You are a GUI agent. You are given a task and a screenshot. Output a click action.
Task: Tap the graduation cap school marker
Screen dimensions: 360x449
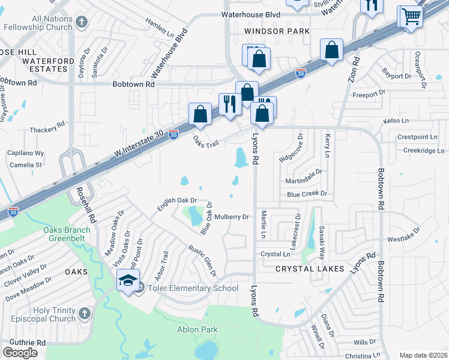click(128, 281)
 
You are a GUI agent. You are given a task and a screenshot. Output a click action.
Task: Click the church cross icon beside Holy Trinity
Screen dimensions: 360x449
click(84, 314)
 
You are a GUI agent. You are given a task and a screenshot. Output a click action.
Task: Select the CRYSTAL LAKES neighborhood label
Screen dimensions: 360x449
click(310, 269)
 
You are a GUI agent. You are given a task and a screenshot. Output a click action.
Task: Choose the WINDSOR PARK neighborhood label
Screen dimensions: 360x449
click(277, 31)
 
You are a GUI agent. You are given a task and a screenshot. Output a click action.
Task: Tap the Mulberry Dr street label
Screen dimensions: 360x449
click(231, 217)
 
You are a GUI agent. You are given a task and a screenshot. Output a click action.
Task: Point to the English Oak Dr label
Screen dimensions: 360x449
click(177, 205)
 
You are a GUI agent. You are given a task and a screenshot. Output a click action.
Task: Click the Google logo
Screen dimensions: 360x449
click(20, 352)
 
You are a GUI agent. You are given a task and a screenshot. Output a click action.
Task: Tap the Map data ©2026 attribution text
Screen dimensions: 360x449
click(423, 355)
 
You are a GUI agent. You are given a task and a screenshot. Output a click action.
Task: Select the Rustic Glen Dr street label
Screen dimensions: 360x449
click(202, 259)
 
